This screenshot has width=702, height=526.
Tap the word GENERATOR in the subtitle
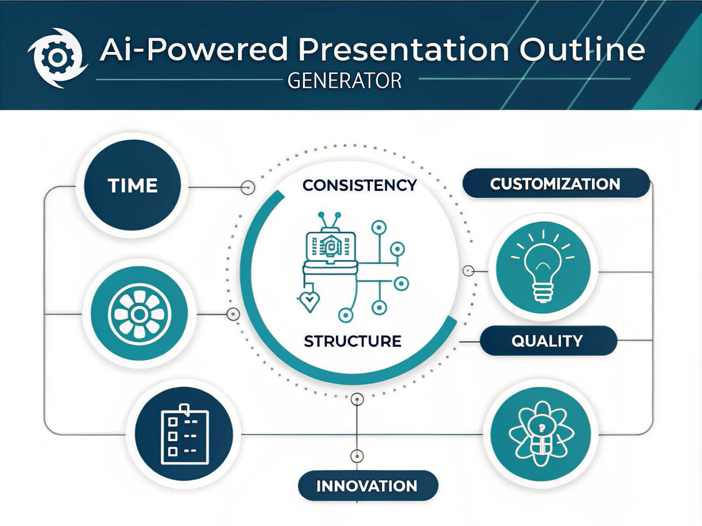345,80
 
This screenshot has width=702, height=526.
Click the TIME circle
133,186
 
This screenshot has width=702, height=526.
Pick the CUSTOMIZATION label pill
555,184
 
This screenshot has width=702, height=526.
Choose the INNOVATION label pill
367,486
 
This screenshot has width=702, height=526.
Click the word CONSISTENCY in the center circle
360,186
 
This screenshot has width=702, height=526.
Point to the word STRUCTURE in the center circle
353,341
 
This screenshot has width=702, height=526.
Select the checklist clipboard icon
184,436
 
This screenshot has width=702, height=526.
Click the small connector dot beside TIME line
249,188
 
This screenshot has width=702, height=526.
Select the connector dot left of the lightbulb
468,271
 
